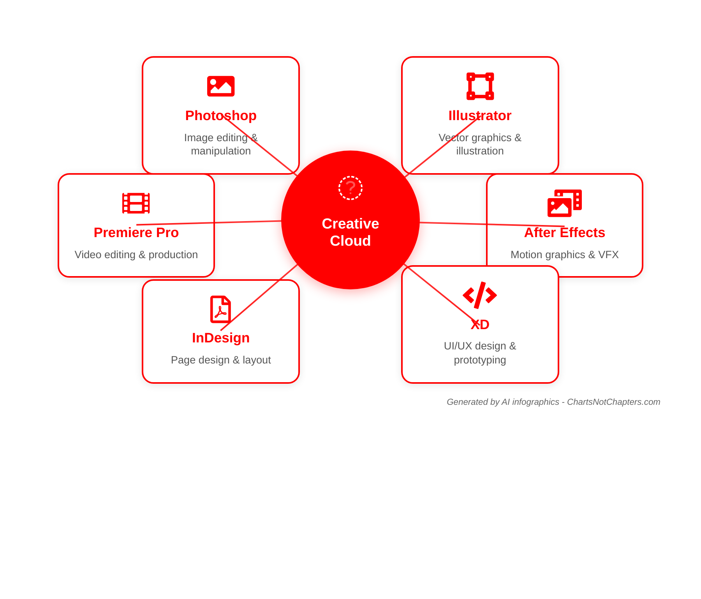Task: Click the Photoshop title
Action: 221,115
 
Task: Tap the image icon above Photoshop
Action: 221,86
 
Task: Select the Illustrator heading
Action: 480,115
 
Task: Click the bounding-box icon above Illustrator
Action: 480,86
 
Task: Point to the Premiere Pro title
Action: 136,232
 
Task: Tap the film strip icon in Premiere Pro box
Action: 136,203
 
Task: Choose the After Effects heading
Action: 565,232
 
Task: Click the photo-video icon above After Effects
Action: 564,203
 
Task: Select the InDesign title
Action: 221,338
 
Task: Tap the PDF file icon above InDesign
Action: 220,309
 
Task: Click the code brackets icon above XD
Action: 480,295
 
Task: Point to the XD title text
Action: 480,324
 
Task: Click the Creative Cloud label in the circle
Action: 350,232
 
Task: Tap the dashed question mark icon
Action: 350,188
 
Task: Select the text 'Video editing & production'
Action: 136,255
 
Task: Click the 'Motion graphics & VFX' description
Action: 565,255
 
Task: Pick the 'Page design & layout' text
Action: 221,360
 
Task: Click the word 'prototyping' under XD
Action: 480,360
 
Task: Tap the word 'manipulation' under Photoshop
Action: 221,151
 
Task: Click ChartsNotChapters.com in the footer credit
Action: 613,402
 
